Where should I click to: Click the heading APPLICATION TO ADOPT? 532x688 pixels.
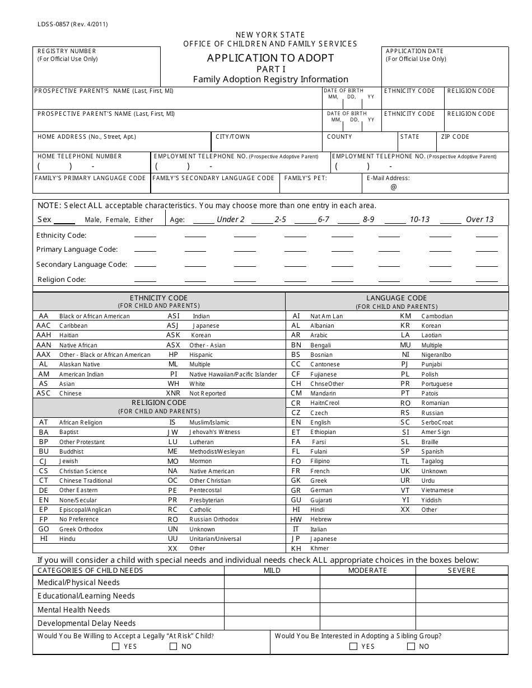(x=270, y=58)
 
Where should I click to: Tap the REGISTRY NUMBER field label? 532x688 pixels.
(x=67, y=51)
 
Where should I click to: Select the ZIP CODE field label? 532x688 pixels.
(x=455, y=136)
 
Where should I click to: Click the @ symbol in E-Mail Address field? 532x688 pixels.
(x=393, y=187)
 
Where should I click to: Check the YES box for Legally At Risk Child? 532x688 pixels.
(x=116, y=647)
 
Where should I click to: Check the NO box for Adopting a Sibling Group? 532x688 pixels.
(x=411, y=647)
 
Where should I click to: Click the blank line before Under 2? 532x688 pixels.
(x=203, y=220)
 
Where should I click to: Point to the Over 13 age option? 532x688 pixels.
(x=479, y=219)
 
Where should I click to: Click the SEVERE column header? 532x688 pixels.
(x=461, y=571)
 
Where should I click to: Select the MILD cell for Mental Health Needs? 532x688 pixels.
(x=272, y=610)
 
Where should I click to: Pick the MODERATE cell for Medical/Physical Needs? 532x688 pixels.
(x=367, y=582)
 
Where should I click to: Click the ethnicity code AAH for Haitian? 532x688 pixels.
(x=44, y=335)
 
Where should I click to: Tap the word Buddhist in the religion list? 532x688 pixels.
(x=71, y=451)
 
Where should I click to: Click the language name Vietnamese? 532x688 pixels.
(x=437, y=490)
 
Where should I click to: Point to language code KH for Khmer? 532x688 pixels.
(x=296, y=549)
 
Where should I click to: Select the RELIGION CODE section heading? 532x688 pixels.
(x=159, y=403)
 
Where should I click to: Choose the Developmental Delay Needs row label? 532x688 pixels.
(x=86, y=623)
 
